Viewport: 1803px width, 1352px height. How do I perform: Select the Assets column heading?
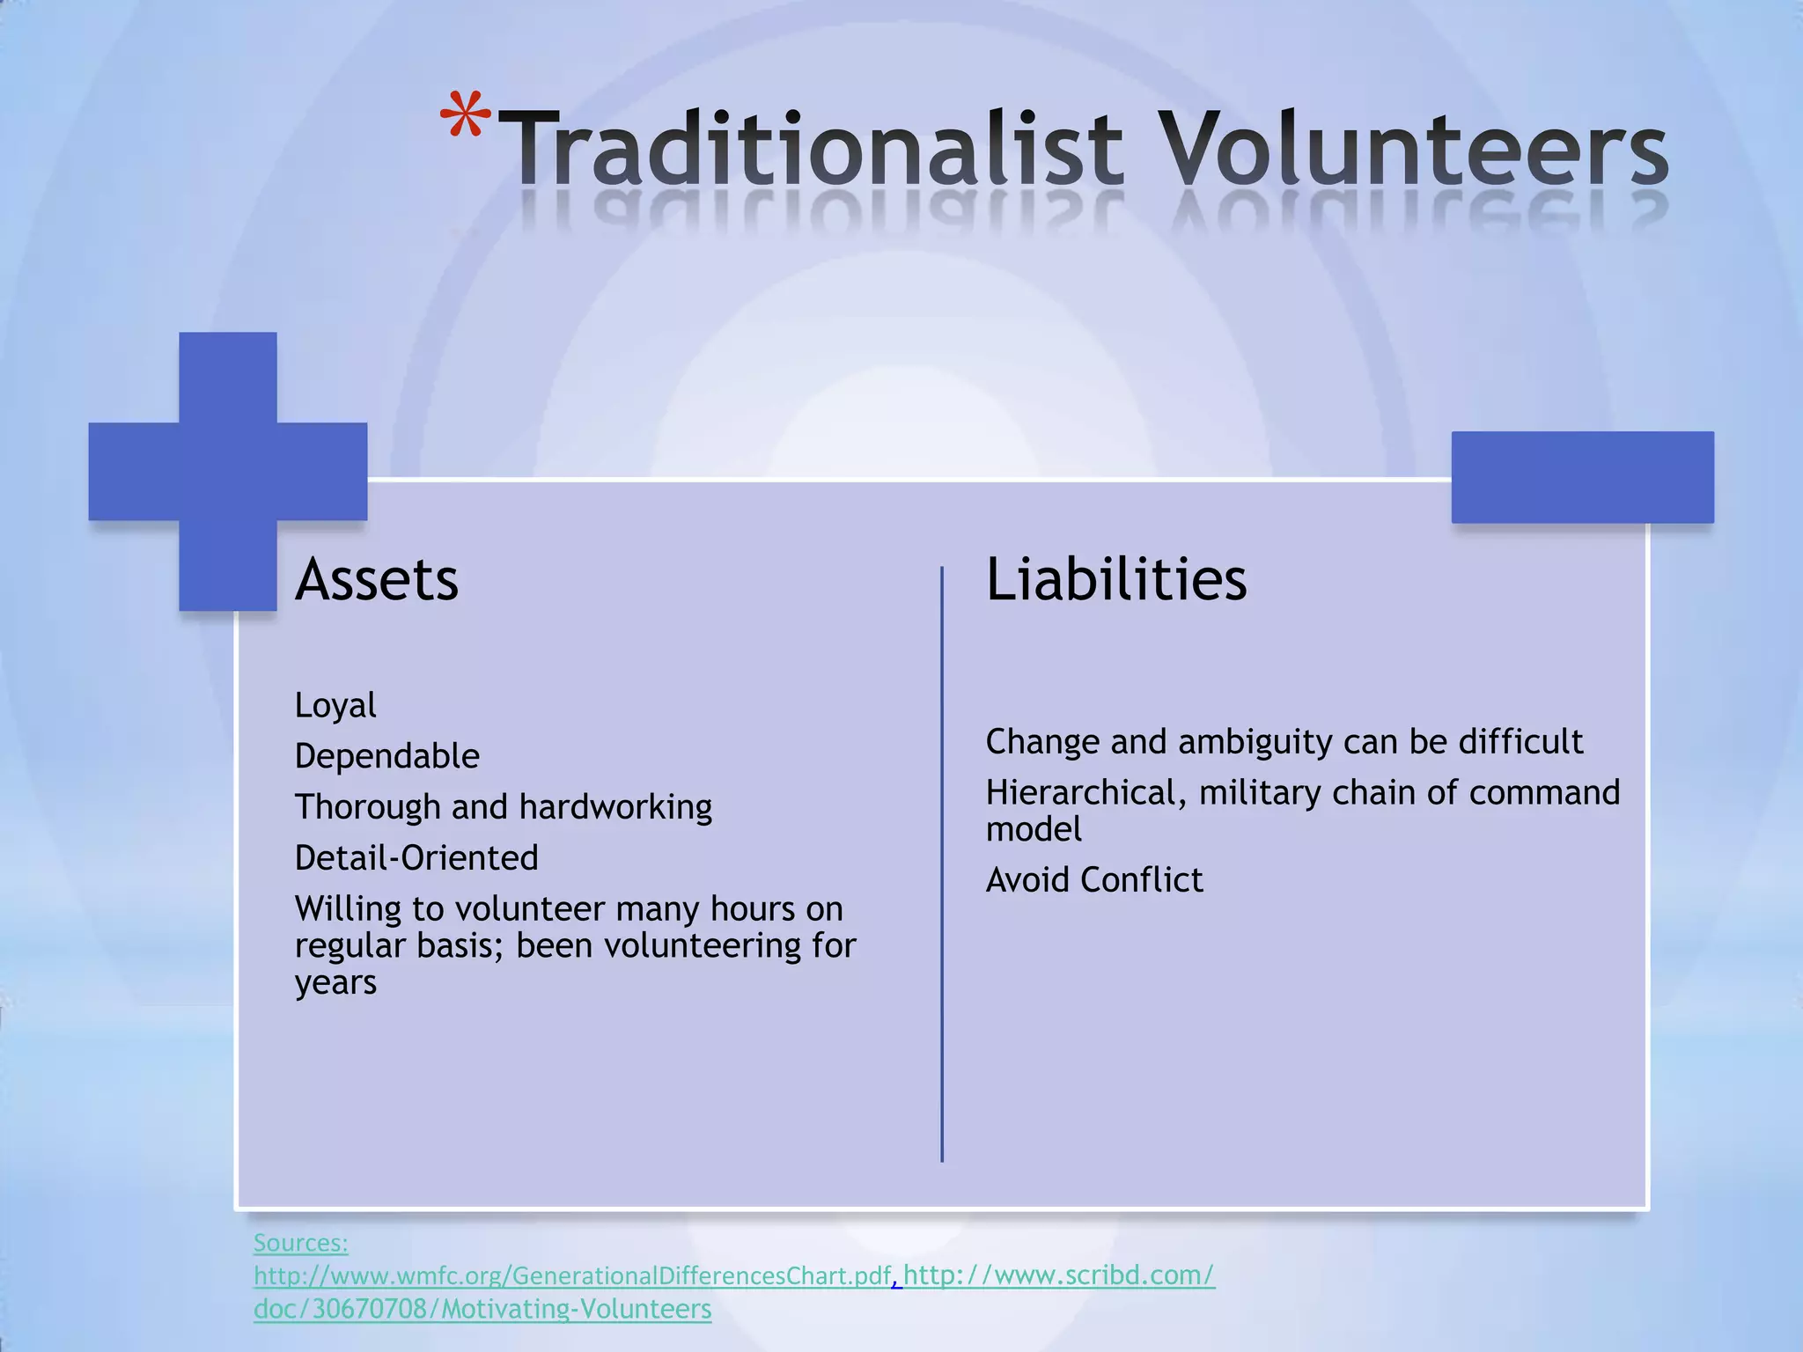click(377, 580)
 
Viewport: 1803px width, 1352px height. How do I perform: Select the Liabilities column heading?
click(1116, 580)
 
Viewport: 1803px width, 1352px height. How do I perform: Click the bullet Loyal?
click(335, 705)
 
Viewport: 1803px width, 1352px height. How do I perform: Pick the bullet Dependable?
click(387, 756)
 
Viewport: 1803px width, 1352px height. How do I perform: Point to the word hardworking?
click(615, 807)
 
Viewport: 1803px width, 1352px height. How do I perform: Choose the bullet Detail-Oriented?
click(416, 858)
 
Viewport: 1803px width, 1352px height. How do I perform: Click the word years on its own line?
click(335, 983)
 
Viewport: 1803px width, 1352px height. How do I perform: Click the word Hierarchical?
click(1080, 793)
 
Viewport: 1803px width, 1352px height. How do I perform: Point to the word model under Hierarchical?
click(1034, 829)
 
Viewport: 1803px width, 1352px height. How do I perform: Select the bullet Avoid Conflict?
click(1094, 880)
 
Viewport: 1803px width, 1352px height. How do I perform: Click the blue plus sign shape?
click(228, 471)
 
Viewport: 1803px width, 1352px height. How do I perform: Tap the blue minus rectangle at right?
click(1582, 477)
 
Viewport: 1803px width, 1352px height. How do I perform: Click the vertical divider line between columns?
click(942, 863)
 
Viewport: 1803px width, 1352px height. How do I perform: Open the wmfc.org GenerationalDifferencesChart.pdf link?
click(572, 1275)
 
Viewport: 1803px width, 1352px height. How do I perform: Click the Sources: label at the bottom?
click(301, 1243)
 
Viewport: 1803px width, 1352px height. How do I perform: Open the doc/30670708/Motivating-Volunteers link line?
click(482, 1309)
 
